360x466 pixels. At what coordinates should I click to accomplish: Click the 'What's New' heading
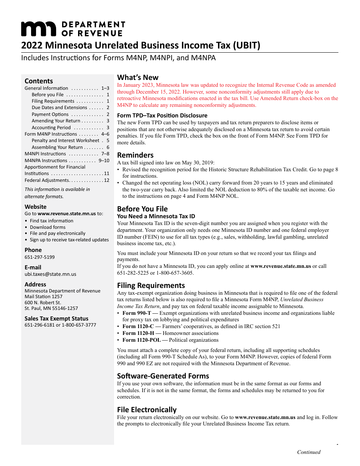(x=138, y=77)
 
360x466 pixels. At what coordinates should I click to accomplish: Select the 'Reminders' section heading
(x=135, y=155)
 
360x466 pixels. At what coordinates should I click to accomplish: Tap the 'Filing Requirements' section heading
(x=151, y=285)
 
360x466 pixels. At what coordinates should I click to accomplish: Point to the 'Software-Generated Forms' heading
(x=163, y=376)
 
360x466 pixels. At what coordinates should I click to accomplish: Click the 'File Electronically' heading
(x=147, y=410)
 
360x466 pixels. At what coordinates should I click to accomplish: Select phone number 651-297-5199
(x=39, y=257)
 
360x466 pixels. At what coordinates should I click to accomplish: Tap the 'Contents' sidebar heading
(x=39, y=81)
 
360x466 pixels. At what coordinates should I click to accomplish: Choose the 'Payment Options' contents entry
(x=50, y=114)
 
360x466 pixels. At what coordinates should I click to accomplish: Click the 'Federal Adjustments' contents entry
(x=47, y=180)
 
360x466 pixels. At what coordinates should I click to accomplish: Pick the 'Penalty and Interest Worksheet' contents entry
(x=65, y=141)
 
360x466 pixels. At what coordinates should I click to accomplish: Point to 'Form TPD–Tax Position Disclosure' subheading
(x=162, y=115)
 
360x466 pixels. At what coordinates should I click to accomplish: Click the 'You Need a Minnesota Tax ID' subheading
(x=156, y=216)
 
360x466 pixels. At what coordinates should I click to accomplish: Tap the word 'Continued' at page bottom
(x=308, y=452)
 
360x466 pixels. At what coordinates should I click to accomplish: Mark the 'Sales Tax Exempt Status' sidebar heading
(x=56, y=319)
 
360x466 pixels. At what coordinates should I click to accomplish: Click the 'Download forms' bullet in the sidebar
(x=48, y=227)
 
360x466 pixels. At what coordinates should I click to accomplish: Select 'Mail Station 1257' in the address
(x=43, y=297)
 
